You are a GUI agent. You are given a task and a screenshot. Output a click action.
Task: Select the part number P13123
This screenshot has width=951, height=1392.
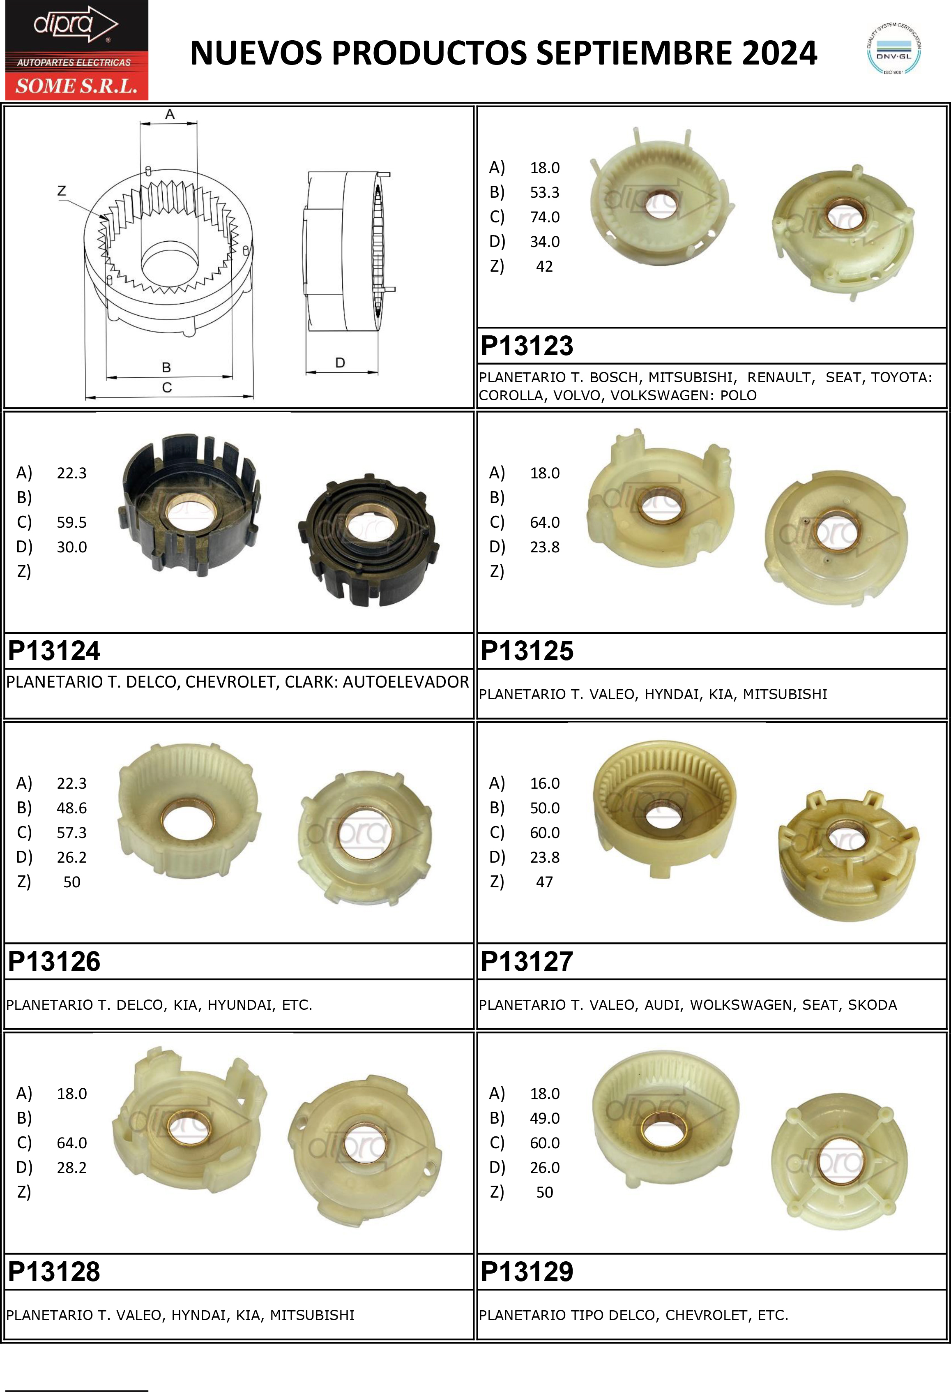(527, 346)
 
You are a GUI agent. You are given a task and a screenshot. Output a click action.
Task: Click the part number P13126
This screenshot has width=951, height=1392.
(54, 961)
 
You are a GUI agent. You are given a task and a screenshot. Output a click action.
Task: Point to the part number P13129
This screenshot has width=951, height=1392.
(527, 1272)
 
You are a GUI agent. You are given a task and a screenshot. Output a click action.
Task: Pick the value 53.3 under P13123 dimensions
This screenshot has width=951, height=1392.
(544, 192)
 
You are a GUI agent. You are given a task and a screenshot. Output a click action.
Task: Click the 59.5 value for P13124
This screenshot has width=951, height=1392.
(72, 522)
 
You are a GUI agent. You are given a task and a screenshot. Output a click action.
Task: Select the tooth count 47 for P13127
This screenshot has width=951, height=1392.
(544, 882)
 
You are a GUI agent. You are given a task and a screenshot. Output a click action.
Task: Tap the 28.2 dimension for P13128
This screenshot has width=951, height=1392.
(72, 1167)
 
